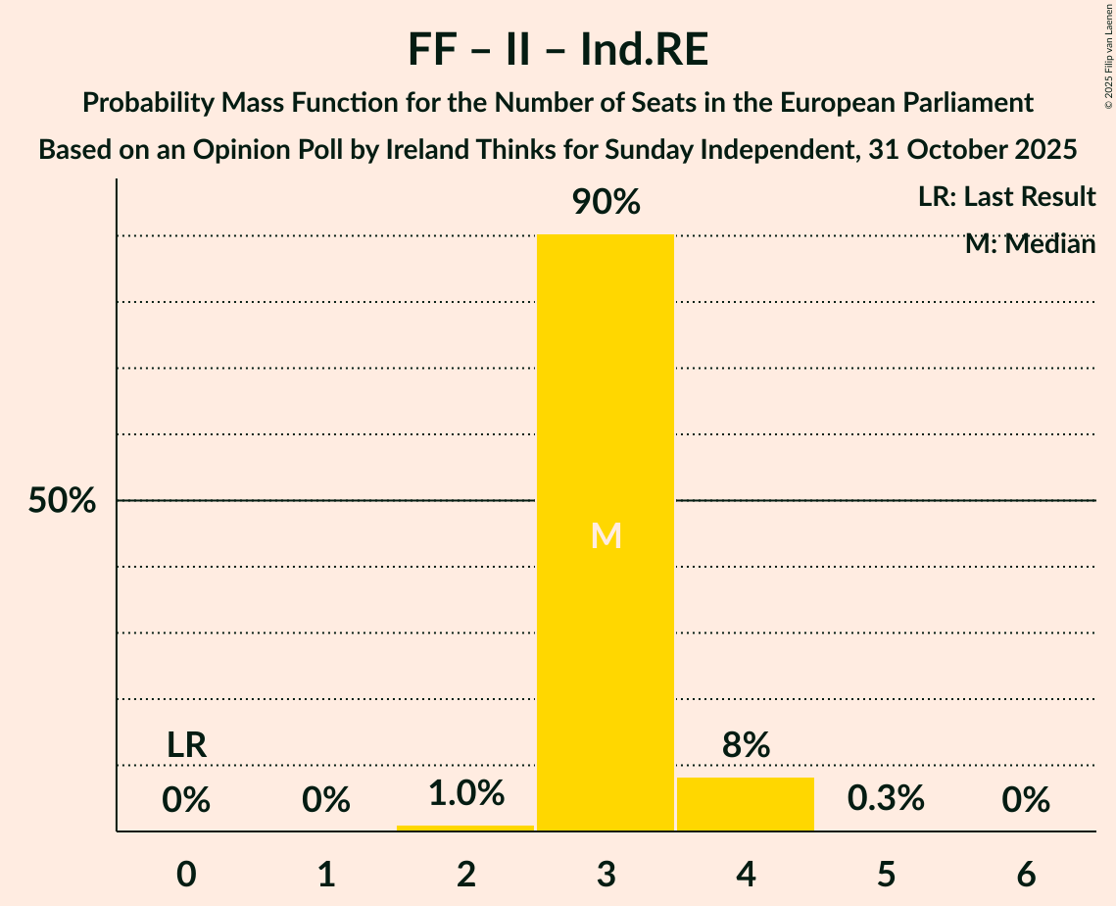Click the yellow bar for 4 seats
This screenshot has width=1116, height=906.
point(746,804)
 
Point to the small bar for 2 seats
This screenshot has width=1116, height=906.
point(465,828)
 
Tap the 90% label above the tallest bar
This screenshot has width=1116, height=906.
point(606,203)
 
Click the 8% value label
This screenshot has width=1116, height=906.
point(746,746)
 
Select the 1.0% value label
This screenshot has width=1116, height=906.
point(465,793)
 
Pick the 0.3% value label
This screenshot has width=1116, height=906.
point(886,799)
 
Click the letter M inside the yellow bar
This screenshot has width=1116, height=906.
point(607,535)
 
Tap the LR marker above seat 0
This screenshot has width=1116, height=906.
point(186,745)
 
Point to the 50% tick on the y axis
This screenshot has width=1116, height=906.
point(62,501)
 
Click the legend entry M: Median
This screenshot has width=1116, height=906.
point(1030,244)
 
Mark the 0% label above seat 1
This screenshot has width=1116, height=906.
point(326,801)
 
